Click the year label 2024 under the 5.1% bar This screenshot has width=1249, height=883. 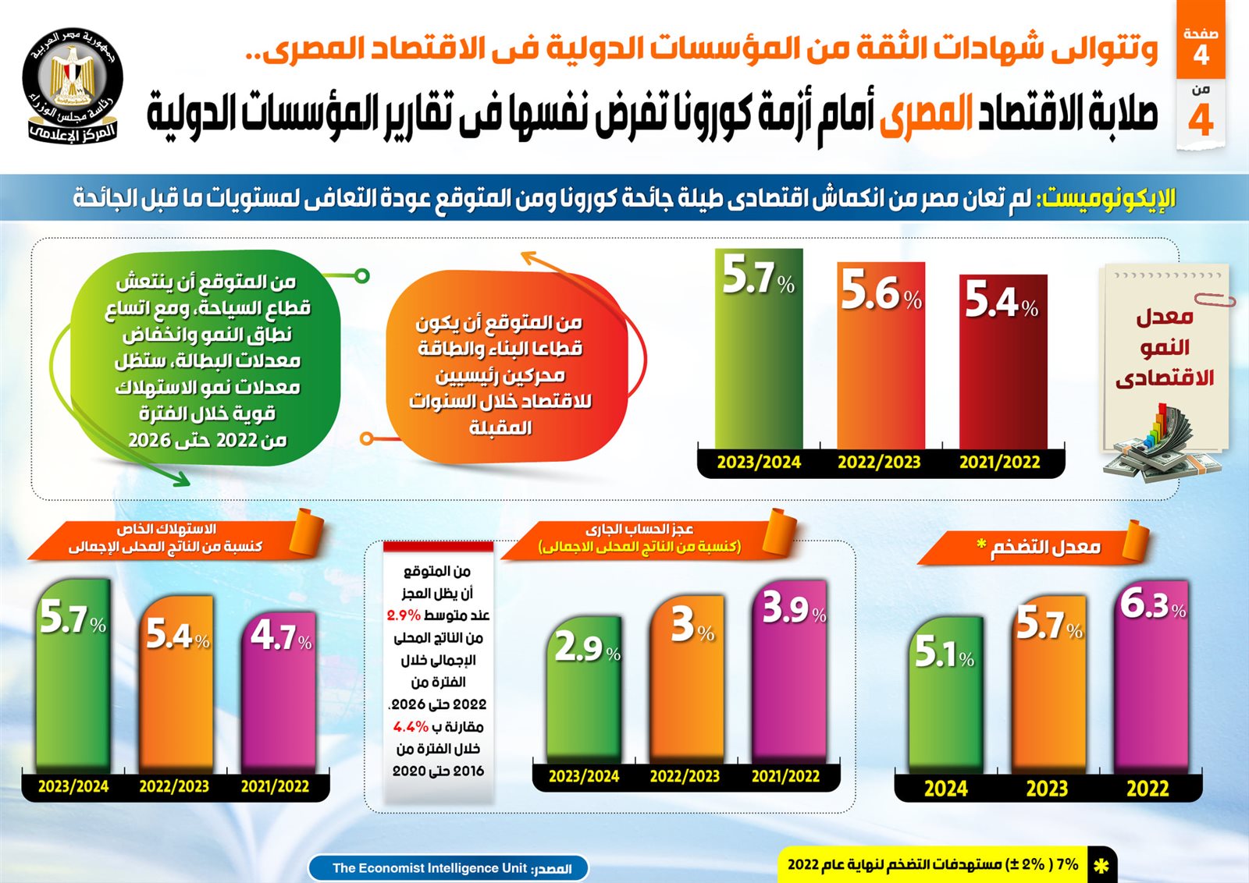tap(945, 789)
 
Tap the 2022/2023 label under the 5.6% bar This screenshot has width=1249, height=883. tap(879, 463)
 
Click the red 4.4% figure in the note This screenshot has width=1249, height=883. tap(411, 727)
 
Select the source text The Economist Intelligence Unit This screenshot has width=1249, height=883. tap(429, 868)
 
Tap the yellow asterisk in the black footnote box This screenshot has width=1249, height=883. tap(1101, 866)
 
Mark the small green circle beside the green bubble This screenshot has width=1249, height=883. tap(361, 276)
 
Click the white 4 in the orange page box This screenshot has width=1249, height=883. tap(1201, 55)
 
